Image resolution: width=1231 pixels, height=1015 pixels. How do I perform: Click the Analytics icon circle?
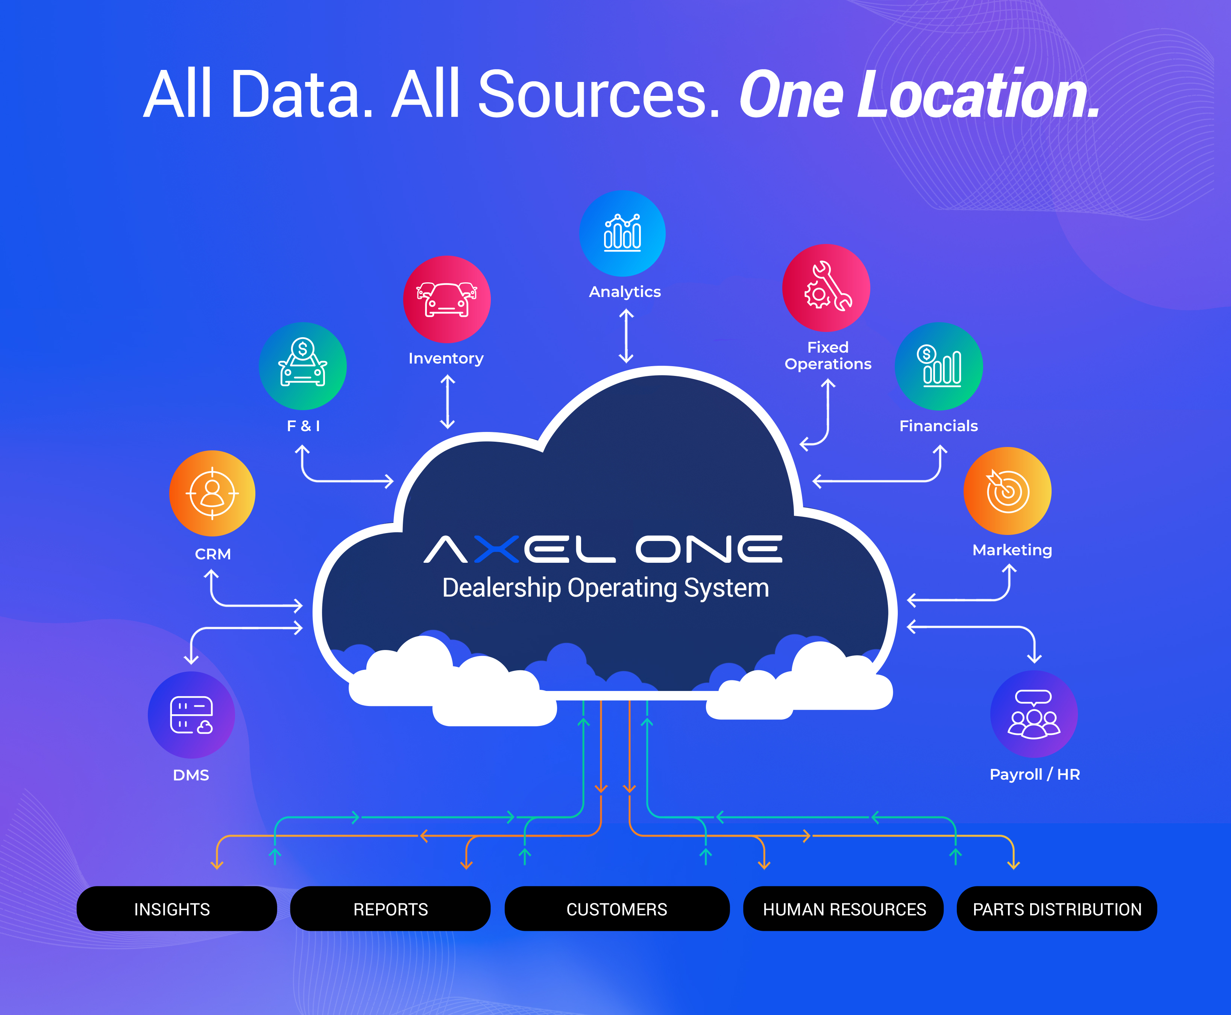tap(622, 233)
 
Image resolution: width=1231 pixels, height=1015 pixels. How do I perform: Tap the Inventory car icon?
tap(447, 299)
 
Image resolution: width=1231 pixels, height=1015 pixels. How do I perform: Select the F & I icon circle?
tap(303, 366)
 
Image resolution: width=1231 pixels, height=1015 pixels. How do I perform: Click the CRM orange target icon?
tap(212, 494)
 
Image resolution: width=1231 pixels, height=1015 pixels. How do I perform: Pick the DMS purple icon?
tap(191, 715)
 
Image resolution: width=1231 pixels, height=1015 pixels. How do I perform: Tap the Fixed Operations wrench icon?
tap(826, 288)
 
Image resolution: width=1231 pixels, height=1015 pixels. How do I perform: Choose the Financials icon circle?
tap(939, 366)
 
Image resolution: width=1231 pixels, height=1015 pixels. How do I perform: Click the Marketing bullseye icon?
tap(1007, 491)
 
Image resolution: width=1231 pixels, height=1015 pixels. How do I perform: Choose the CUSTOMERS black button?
tap(617, 909)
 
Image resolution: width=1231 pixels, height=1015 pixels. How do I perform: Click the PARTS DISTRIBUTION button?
tap(1057, 909)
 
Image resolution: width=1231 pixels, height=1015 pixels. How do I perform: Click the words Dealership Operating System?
tap(605, 588)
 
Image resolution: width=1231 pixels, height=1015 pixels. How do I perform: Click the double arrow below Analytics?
tap(626, 336)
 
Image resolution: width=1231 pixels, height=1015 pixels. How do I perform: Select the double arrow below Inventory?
tap(447, 402)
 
